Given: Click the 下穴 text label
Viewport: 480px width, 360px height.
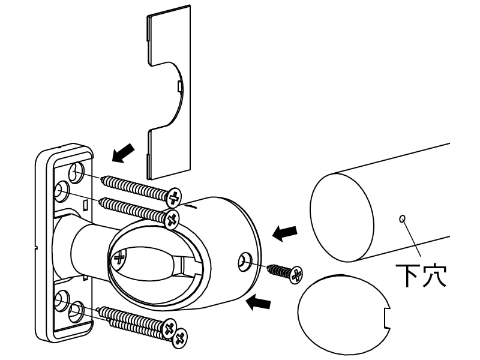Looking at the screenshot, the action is (421, 275).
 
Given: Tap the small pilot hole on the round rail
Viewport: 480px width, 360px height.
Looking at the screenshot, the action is (402, 218).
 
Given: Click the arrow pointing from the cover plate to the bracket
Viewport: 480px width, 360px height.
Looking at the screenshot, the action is (123, 153).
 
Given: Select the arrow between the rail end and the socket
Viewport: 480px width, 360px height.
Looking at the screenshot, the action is (284, 233).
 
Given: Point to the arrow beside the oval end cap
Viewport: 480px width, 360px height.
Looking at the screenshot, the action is (259, 303).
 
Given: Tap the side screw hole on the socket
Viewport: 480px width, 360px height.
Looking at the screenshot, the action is (245, 262).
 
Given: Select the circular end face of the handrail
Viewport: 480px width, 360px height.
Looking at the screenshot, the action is (341, 217).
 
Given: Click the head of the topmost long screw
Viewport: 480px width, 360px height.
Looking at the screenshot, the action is (173, 197).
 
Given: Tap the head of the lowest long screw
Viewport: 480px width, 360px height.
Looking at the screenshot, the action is (180, 338).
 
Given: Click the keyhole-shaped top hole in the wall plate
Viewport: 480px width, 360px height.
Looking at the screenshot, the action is (76, 173).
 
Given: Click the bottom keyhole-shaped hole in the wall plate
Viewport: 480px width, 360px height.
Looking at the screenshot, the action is (76, 312).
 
